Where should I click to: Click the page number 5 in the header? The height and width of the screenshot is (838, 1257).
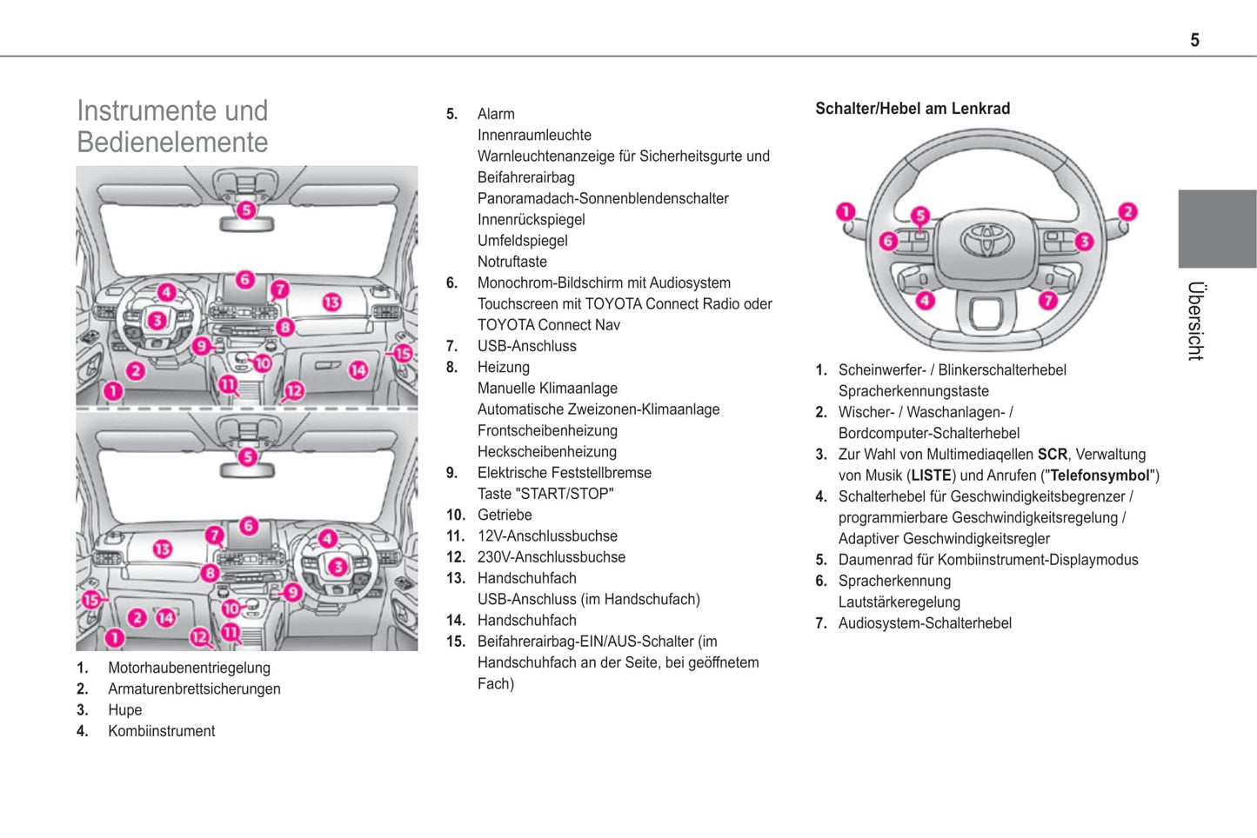[1194, 40]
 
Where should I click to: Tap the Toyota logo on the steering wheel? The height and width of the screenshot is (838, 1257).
[986, 239]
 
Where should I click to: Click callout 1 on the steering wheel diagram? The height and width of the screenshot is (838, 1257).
[846, 212]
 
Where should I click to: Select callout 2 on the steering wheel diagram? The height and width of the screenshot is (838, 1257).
[1127, 211]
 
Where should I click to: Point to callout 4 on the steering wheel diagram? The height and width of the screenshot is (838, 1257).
[925, 300]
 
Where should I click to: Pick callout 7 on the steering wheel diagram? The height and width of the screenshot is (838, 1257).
[1048, 300]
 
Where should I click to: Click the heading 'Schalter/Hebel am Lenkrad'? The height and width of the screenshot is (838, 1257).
[912, 109]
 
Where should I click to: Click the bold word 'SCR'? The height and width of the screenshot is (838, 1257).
[1052, 455]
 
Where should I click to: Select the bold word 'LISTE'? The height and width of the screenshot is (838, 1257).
[931, 476]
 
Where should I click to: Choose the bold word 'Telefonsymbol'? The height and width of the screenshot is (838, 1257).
[1100, 476]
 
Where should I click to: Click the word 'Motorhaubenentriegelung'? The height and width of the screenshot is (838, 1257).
[189, 668]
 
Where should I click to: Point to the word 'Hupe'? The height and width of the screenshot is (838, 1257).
[124, 710]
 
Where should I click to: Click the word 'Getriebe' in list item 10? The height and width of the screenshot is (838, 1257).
[505, 515]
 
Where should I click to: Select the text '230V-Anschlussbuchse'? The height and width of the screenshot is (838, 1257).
[551, 557]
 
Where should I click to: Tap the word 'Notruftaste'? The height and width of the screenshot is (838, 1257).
[511, 262]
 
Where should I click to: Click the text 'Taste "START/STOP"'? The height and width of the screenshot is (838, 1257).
[545, 494]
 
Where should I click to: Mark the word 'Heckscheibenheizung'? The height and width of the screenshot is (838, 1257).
[546, 452]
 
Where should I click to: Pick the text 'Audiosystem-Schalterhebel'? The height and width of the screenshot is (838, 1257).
[925, 623]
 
